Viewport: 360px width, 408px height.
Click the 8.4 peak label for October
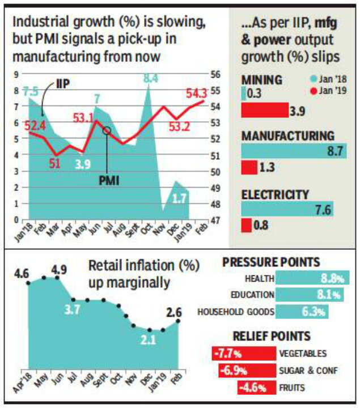(x=151, y=79)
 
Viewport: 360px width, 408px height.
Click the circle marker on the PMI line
(x=107, y=131)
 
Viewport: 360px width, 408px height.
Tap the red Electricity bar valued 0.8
(x=247, y=226)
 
